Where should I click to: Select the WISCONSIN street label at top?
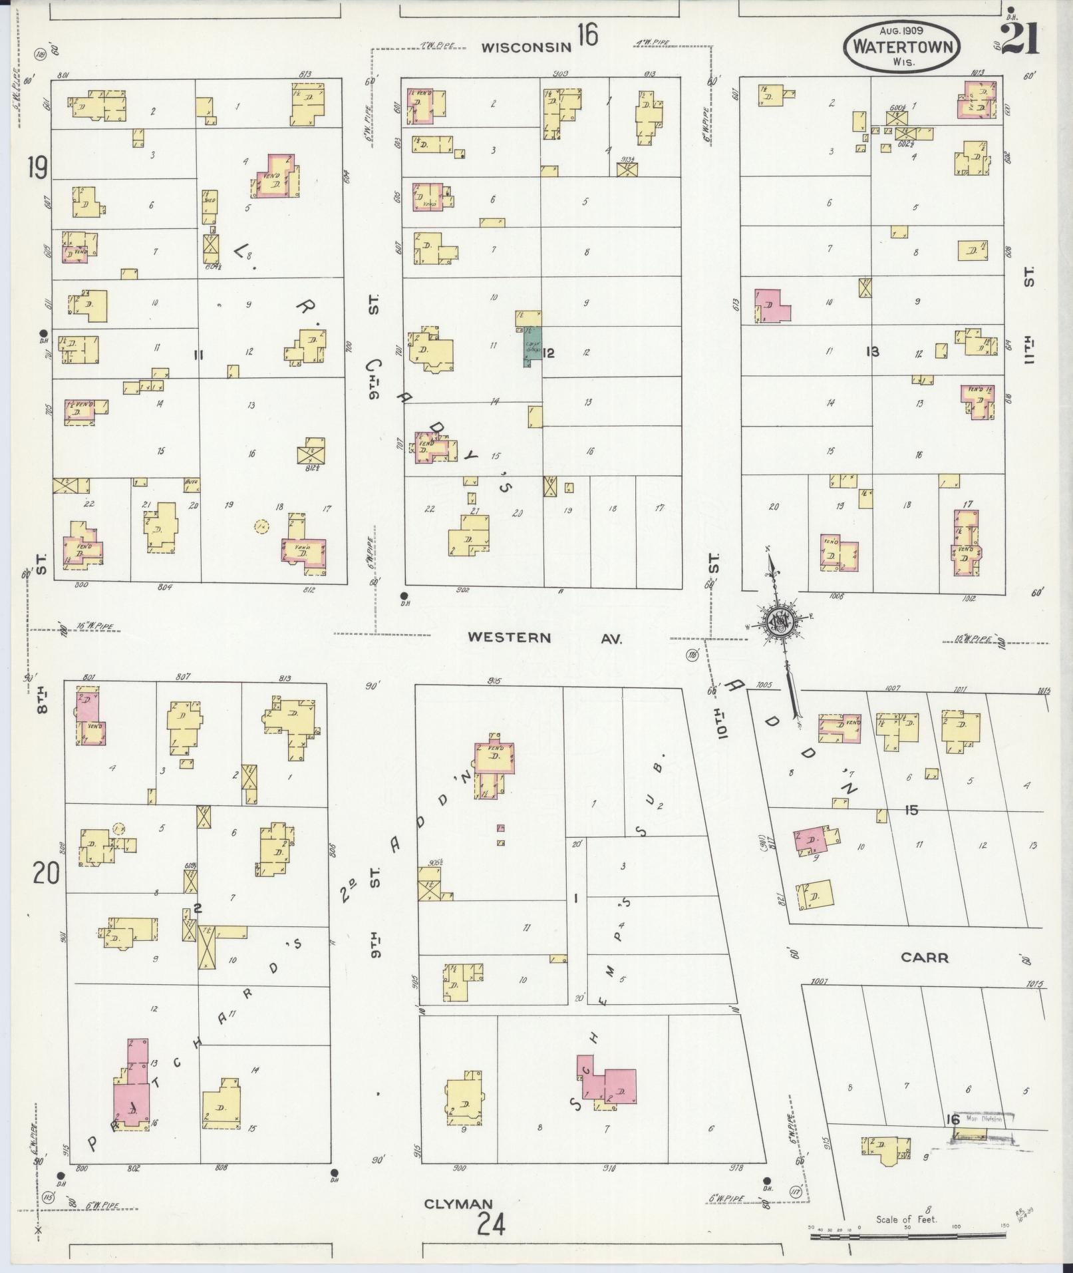point(526,47)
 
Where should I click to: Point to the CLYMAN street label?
point(458,1203)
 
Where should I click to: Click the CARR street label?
point(924,958)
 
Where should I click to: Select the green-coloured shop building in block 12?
point(532,347)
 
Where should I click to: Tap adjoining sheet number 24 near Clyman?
point(491,1224)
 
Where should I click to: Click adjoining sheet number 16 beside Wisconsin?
point(587,35)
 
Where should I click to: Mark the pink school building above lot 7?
point(609,1089)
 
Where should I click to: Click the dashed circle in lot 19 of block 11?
point(261,526)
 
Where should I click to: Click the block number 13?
point(872,351)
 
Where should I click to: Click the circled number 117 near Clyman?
point(795,1192)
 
